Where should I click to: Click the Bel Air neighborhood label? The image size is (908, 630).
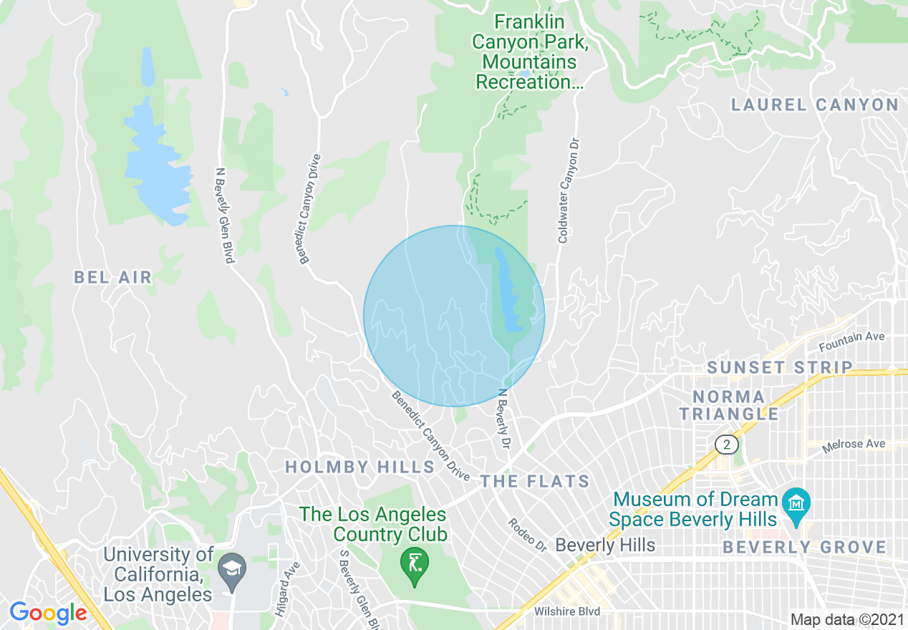pos(113,277)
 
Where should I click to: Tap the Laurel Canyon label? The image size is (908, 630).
pos(814,105)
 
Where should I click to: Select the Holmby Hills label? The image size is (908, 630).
pos(359,467)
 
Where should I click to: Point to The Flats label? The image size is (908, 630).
pos(535,481)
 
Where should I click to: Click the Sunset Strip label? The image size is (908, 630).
pos(780,368)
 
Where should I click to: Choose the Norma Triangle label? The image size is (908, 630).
pos(729,405)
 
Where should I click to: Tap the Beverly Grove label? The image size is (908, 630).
pos(804,548)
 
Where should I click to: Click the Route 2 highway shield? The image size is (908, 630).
pos(726,445)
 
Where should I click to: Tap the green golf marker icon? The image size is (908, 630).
pos(413,560)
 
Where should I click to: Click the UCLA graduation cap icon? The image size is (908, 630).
pos(233,568)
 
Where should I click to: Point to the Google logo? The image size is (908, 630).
pos(48,613)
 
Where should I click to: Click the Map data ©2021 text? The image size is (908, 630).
pos(847,619)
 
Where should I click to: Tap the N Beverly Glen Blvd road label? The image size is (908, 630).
pos(224,215)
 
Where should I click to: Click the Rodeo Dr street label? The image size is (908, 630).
pos(528,535)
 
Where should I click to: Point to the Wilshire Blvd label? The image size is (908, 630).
pos(566,611)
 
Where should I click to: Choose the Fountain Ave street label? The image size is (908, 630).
pos(851,342)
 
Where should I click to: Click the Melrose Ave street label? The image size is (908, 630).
pos(854,445)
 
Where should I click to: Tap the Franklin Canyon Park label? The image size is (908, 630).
pos(530,52)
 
